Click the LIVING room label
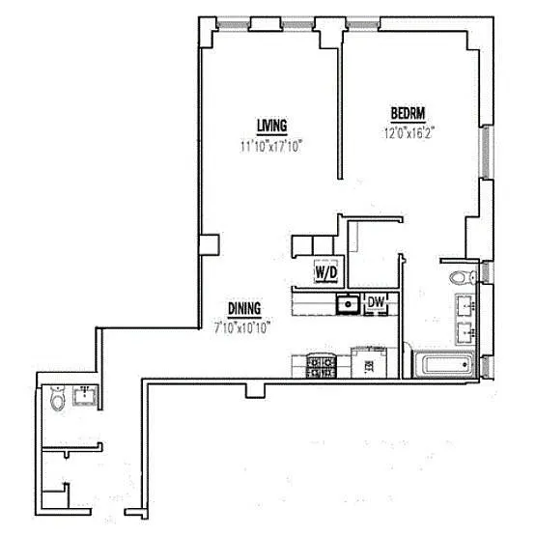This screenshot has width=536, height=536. pos(272,126)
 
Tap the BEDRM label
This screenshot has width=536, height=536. pos(409,114)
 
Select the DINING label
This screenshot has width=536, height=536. pos(244,309)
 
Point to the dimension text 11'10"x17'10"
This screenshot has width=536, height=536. pos(272,147)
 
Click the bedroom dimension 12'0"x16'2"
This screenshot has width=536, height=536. pos(409,132)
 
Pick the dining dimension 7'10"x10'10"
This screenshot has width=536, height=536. pos(242,328)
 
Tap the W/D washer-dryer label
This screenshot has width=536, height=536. pos(326,272)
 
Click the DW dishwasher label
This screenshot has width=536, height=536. pos(376,302)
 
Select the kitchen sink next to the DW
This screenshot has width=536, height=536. pos(348,304)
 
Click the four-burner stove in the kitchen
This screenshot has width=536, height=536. pos(322,366)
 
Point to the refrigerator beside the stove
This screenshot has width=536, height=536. pos(369,362)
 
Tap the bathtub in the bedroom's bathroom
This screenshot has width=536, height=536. pos(445,365)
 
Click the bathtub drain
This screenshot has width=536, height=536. pos(465,364)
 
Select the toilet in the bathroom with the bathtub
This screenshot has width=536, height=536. pos(463,277)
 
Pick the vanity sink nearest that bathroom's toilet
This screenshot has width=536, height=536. pos(465,305)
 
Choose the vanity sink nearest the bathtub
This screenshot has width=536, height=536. pos(465,333)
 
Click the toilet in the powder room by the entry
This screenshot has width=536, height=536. pos(57,398)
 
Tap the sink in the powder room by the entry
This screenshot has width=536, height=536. pos(84,395)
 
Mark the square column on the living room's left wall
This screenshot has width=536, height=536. pos(210,244)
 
